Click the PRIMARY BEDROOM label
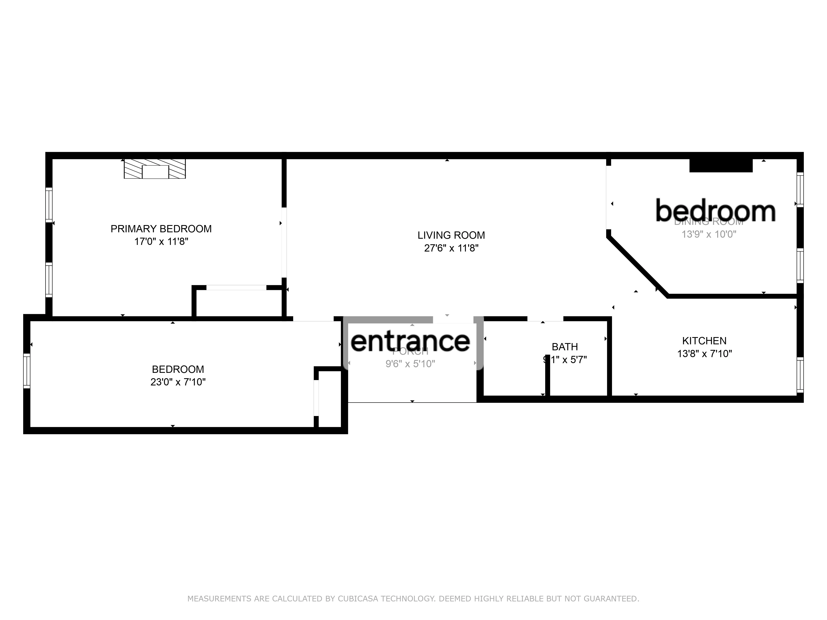click(x=161, y=229)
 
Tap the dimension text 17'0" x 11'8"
click(x=161, y=241)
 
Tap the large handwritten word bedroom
click(x=715, y=211)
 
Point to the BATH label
click(x=565, y=347)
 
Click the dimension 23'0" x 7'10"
click(x=178, y=382)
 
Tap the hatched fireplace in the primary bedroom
click(x=155, y=169)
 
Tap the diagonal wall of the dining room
click(x=637, y=266)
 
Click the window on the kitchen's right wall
click(x=800, y=375)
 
